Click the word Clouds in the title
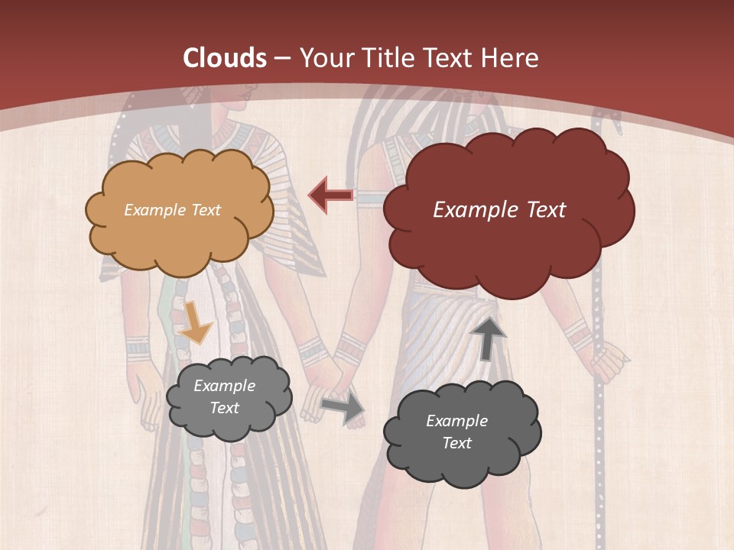224,58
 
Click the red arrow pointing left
331,195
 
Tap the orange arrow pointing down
196,323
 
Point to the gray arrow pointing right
343,408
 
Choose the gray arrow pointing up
488,338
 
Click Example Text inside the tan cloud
172,210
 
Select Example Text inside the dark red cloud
499,210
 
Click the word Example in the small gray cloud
224,386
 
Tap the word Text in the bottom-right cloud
456,443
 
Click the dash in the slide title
283,58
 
